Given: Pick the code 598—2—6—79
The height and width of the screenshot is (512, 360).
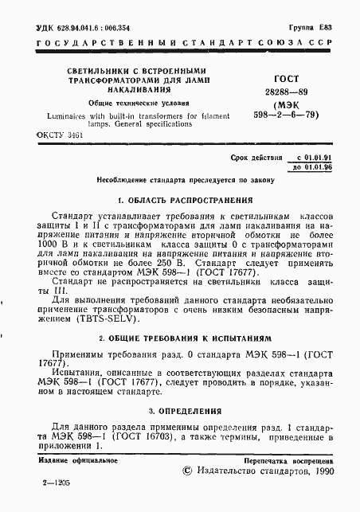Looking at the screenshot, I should pyautogui.click(x=288, y=115).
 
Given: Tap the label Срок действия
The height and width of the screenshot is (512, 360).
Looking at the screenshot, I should pyautogui.click(x=253, y=159).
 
